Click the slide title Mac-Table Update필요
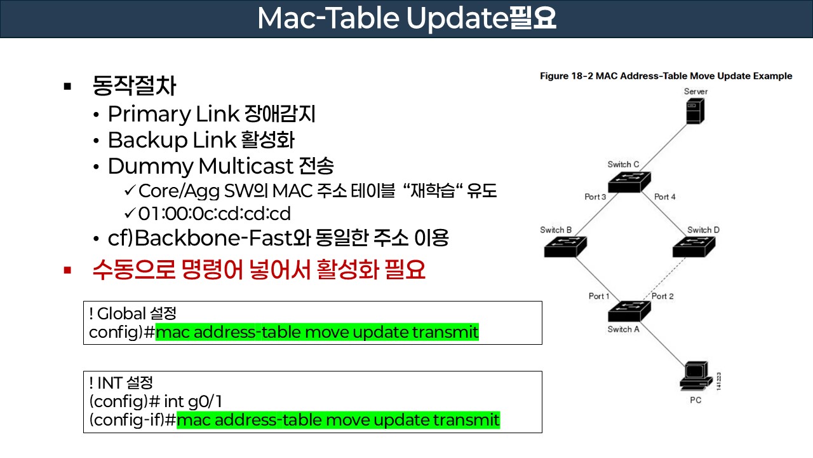coord(406,19)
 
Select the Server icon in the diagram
coord(696,111)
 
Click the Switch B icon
coord(565,246)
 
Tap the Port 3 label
coord(595,197)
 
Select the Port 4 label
coord(664,197)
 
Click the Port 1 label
coord(598,296)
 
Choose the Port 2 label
coord(662,296)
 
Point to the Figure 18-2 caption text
coord(666,76)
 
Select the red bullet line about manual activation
coord(259,270)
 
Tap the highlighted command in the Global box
coord(317,332)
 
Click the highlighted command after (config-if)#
coord(338,420)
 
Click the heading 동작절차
coord(134,85)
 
